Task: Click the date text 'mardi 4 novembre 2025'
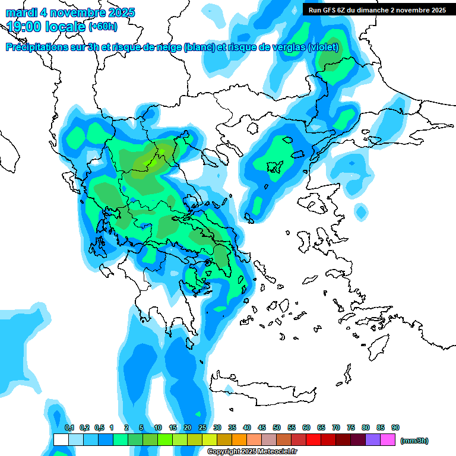(71, 12)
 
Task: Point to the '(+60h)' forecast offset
(103, 27)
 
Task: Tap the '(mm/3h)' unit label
(414, 441)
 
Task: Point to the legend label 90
(395, 428)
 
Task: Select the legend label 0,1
(69, 428)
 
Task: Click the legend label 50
(277, 428)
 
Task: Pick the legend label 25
(202, 428)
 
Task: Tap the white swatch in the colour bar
(61, 440)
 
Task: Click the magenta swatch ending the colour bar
(388, 440)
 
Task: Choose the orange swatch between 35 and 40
(239, 440)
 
